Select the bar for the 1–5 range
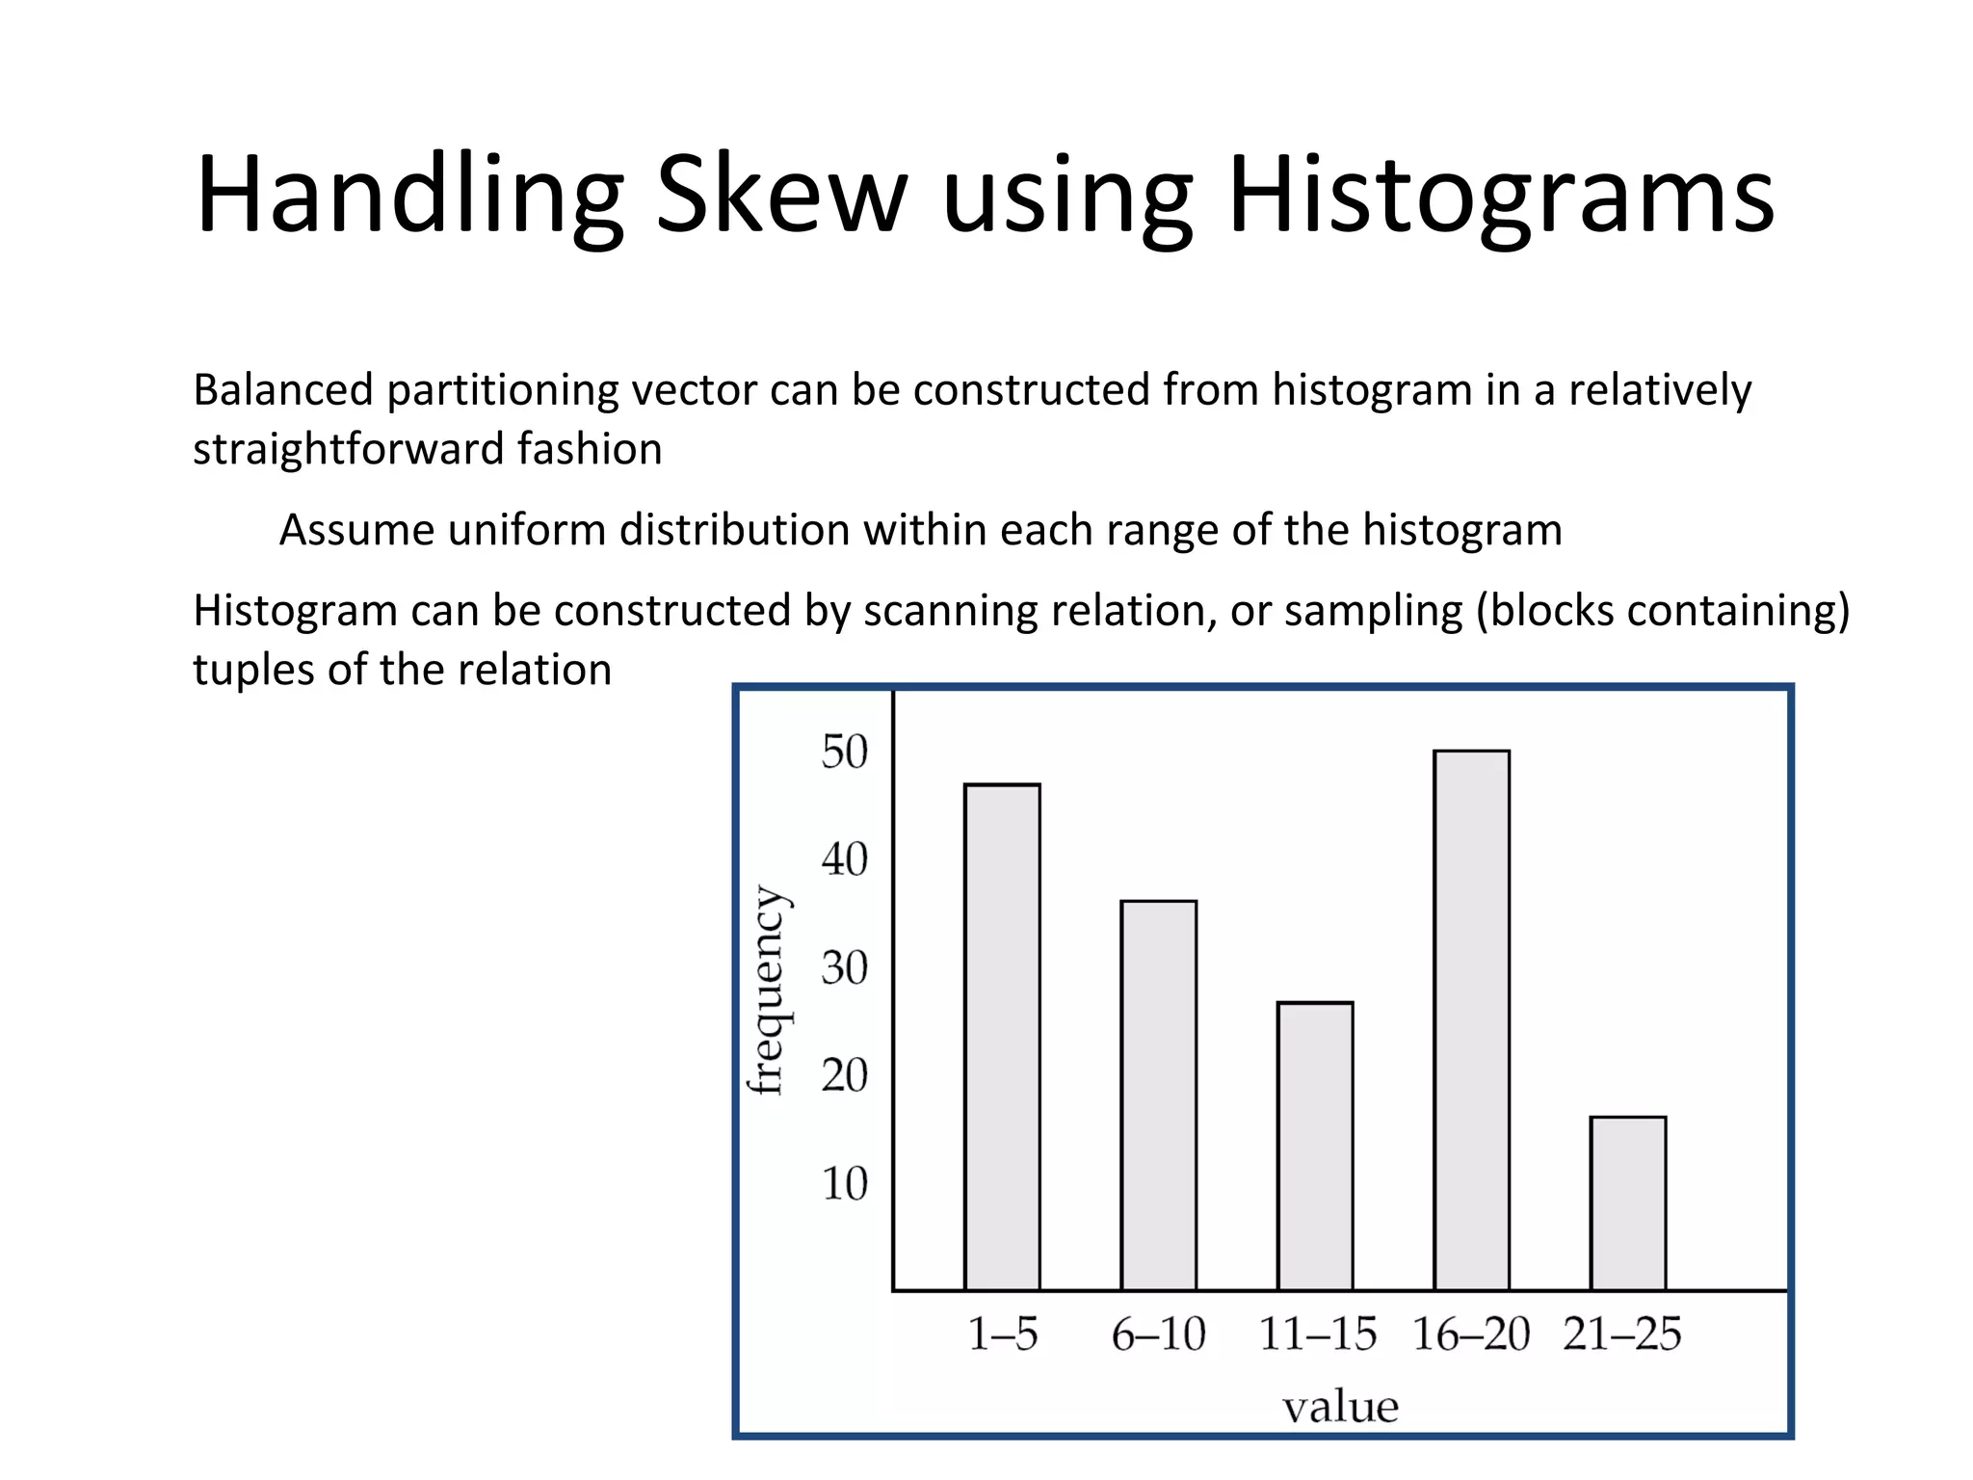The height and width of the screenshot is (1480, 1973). (x=1002, y=1037)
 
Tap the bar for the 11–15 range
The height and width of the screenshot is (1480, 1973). (x=1315, y=1146)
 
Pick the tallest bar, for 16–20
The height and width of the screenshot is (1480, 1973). (x=1471, y=1019)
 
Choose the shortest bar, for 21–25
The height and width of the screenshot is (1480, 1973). (x=1627, y=1202)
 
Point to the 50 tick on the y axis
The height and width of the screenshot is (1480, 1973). (x=844, y=752)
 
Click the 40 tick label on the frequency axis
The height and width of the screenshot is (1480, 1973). (x=844, y=859)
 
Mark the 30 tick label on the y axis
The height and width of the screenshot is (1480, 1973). (x=844, y=967)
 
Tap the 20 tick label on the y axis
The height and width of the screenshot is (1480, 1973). (x=844, y=1075)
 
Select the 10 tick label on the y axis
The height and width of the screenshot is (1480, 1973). (x=844, y=1183)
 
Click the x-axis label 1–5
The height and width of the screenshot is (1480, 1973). (x=1002, y=1335)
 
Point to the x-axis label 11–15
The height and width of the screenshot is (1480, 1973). (x=1317, y=1335)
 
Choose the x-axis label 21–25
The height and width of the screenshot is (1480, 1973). (x=1621, y=1335)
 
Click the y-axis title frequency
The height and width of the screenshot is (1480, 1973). (x=769, y=990)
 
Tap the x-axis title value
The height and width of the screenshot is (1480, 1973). (x=1340, y=1408)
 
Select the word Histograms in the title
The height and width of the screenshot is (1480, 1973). (x=1500, y=197)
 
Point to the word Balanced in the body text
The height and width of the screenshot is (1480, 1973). (x=282, y=390)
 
